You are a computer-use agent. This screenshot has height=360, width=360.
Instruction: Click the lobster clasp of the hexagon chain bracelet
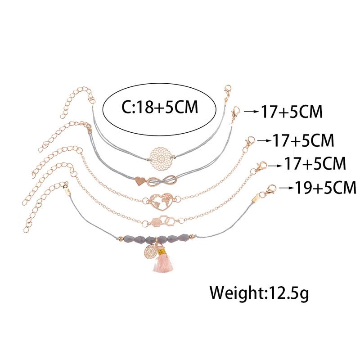tap(261, 167)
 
